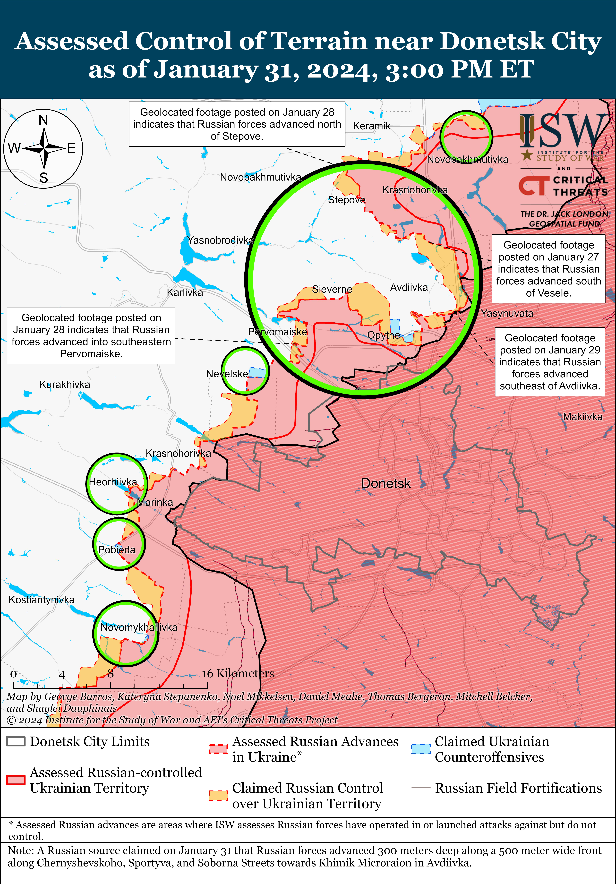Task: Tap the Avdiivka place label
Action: pos(409,288)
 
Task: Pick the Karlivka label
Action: pos(185,293)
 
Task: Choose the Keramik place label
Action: pos(372,126)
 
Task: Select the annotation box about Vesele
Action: pos(548,269)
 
